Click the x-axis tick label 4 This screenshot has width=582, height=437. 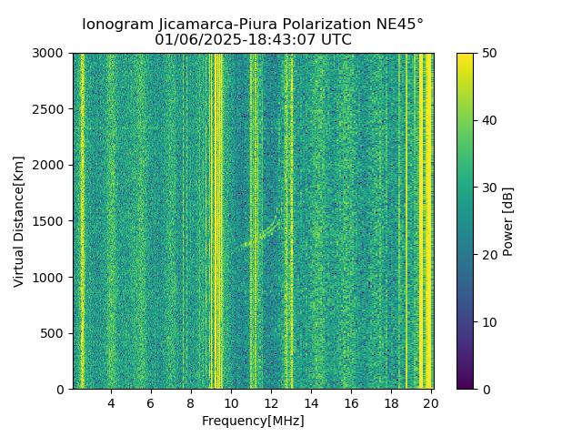pyautogui.click(x=111, y=403)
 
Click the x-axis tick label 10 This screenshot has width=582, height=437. pyautogui.click(x=231, y=403)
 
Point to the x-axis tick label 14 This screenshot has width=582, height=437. pyautogui.click(x=311, y=403)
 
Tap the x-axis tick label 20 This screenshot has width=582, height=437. pyautogui.click(x=431, y=403)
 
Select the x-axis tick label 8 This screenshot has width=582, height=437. pyautogui.click(x=191, y=403)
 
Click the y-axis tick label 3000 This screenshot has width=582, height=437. pyautogui.click(x=50, y=54)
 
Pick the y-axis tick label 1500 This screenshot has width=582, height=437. pyautogui.click(x=50, y=221)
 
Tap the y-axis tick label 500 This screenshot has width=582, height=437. pyautogui.click(x=54, y=333)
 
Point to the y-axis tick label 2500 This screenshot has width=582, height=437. pyautogui.click(x=50, y=109)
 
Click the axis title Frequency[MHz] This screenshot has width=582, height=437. pyautogui.click(x=253, y=421)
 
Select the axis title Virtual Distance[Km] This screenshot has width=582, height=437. pyautogui.click(x=19, y=221)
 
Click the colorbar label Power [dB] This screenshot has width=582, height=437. pyautogui.click(x=508, y=221)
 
